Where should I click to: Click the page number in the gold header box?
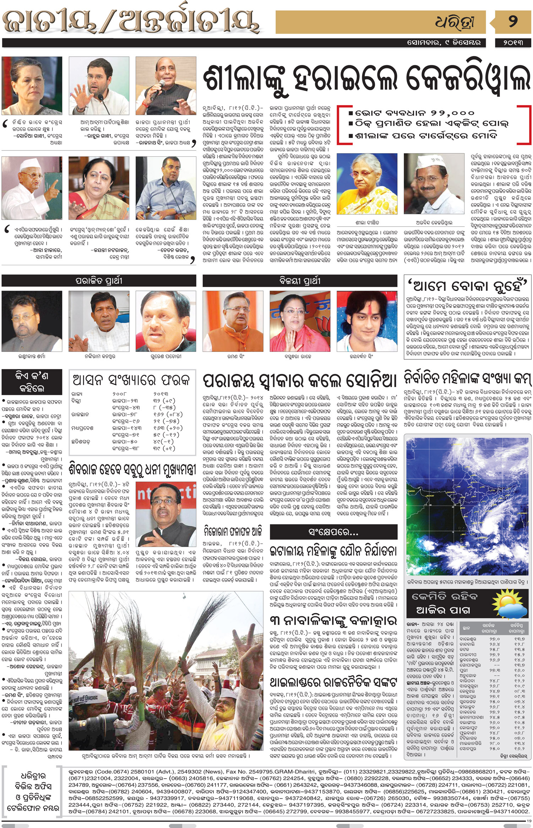pos(512,22)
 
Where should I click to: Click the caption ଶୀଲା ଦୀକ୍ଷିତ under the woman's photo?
pos(367,222)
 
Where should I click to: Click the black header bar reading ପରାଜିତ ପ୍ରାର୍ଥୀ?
pos(99,281)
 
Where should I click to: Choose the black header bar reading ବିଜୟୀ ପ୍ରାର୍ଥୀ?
pos(300,281)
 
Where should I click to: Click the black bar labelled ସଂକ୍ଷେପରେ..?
pos(333,532)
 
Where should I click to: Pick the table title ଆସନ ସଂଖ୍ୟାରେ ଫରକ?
pos(131,380)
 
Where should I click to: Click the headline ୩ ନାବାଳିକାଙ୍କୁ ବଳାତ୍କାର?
pos(333,620)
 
